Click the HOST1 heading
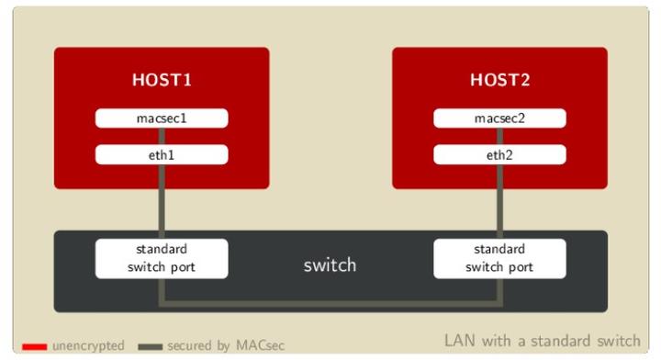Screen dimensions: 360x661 click(x=162, y=79)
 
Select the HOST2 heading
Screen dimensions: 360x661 click(x=500, y=79)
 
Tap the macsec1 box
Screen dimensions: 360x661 click(x=162, y=118)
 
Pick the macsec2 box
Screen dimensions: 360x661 click(x=500, y=118)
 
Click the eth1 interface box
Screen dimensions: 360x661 click(x=162, y=155)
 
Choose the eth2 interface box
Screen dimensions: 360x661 click(x=500, y=155)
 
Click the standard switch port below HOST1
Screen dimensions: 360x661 click(x=162, y=258)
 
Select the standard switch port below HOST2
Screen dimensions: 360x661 click(x=500, y=258)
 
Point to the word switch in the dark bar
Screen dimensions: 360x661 click(x=330, y=265)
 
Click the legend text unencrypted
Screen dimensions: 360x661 click(x=87, y=345)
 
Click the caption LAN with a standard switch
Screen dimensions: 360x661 click(x=542, y=341)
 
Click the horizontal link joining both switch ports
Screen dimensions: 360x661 click(x=330, y=302)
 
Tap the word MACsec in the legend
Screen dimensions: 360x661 click(x=263, y=345)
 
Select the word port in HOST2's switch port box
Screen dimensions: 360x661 click(x=521, y=267)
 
